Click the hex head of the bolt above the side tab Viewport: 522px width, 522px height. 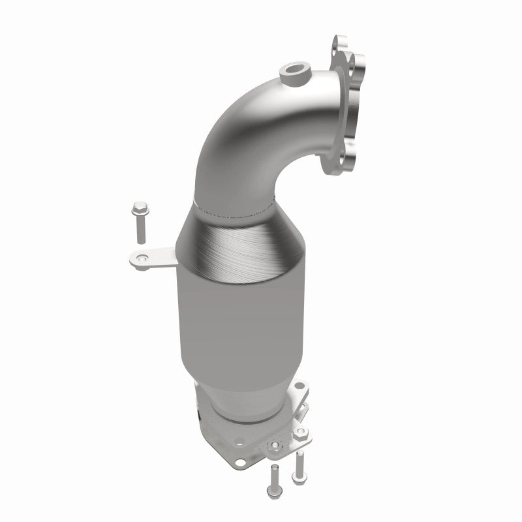click(138, 209)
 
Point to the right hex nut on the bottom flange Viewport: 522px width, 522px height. click(301, 431)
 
